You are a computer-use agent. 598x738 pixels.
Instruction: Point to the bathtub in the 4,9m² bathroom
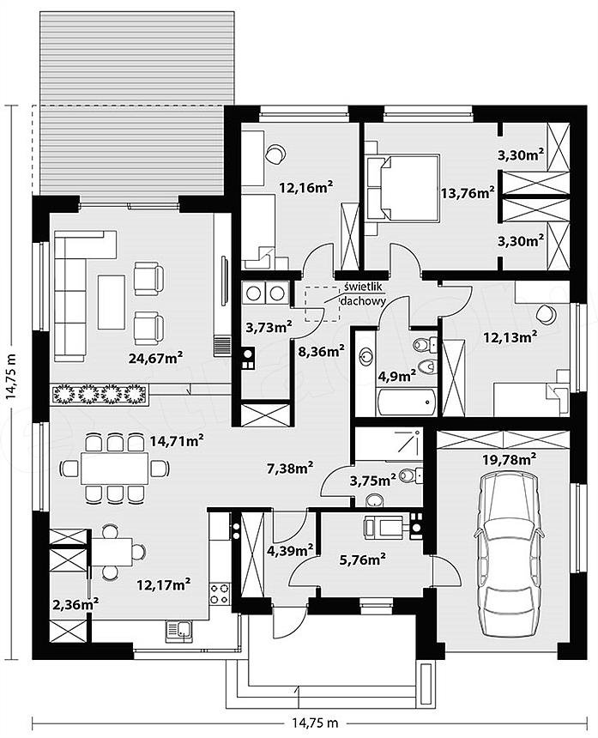pos(407,402)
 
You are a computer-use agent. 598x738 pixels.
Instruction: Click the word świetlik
pos(364,286)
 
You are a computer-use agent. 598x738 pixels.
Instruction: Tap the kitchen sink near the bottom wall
pos(178,631)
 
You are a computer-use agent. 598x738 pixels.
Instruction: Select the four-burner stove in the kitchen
pos(220,594)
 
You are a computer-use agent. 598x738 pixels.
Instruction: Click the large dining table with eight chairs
pos(114,468)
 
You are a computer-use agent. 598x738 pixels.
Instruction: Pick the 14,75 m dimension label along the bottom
pos(314,723)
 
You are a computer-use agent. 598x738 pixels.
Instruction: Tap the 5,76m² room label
pos(363,560)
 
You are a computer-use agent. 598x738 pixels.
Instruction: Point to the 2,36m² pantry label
pos(76,604)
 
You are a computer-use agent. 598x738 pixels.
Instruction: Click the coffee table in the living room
pos(112,302)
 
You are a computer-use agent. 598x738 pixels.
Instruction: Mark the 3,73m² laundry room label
pos(269,327)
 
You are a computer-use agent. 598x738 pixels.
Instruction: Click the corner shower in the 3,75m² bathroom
pos(389,443)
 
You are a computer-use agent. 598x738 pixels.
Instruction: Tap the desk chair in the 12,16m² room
pos(275,154)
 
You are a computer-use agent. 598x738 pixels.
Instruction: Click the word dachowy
pos(363,300)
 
